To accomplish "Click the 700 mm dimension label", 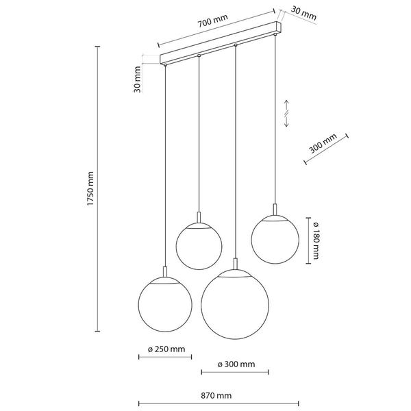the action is pyautogui.click(x=212, y=21).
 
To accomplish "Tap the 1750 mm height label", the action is pyautogui.click(x=90, y=189).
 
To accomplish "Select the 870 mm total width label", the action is pyautogui.click(x=216, y=395).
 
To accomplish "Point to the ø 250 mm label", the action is pyautogui.click(x=166, y=349).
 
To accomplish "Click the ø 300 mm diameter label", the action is pyautogui.click(x=236, y=364).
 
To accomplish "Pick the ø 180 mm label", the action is pyautogui.click(x=316, y=240).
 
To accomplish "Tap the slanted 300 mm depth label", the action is pyautogui.click(x=323, y=144).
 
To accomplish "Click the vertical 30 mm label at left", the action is pyautogui.click(x=138, y=79).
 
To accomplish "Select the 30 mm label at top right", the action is pyautogui.click(x=303, y=14).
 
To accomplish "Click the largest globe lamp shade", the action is pyautogui.click(x=235, y=304).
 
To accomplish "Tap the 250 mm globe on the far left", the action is pyautogui.click(x=165, y=304).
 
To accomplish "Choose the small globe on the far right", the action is pyautogui.click(x=275, y=240).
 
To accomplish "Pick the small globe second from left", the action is pyautogui.click(x=199, y=246).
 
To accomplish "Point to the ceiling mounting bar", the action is pyautogui.click(x=221, y=42).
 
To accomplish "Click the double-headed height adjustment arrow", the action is pyautogui.click(x=286, y=113).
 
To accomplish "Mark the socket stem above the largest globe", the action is pyautogui.click(x=236, y=264).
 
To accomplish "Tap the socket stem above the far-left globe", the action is pyautogui.click(x=165, y=272).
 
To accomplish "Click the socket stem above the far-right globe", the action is pyautogui.click(x=275, y=210).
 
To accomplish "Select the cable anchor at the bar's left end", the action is pyautogui.click(x=165, y=64).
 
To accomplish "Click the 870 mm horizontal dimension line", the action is pyautogui.click(x=219, y=403).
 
